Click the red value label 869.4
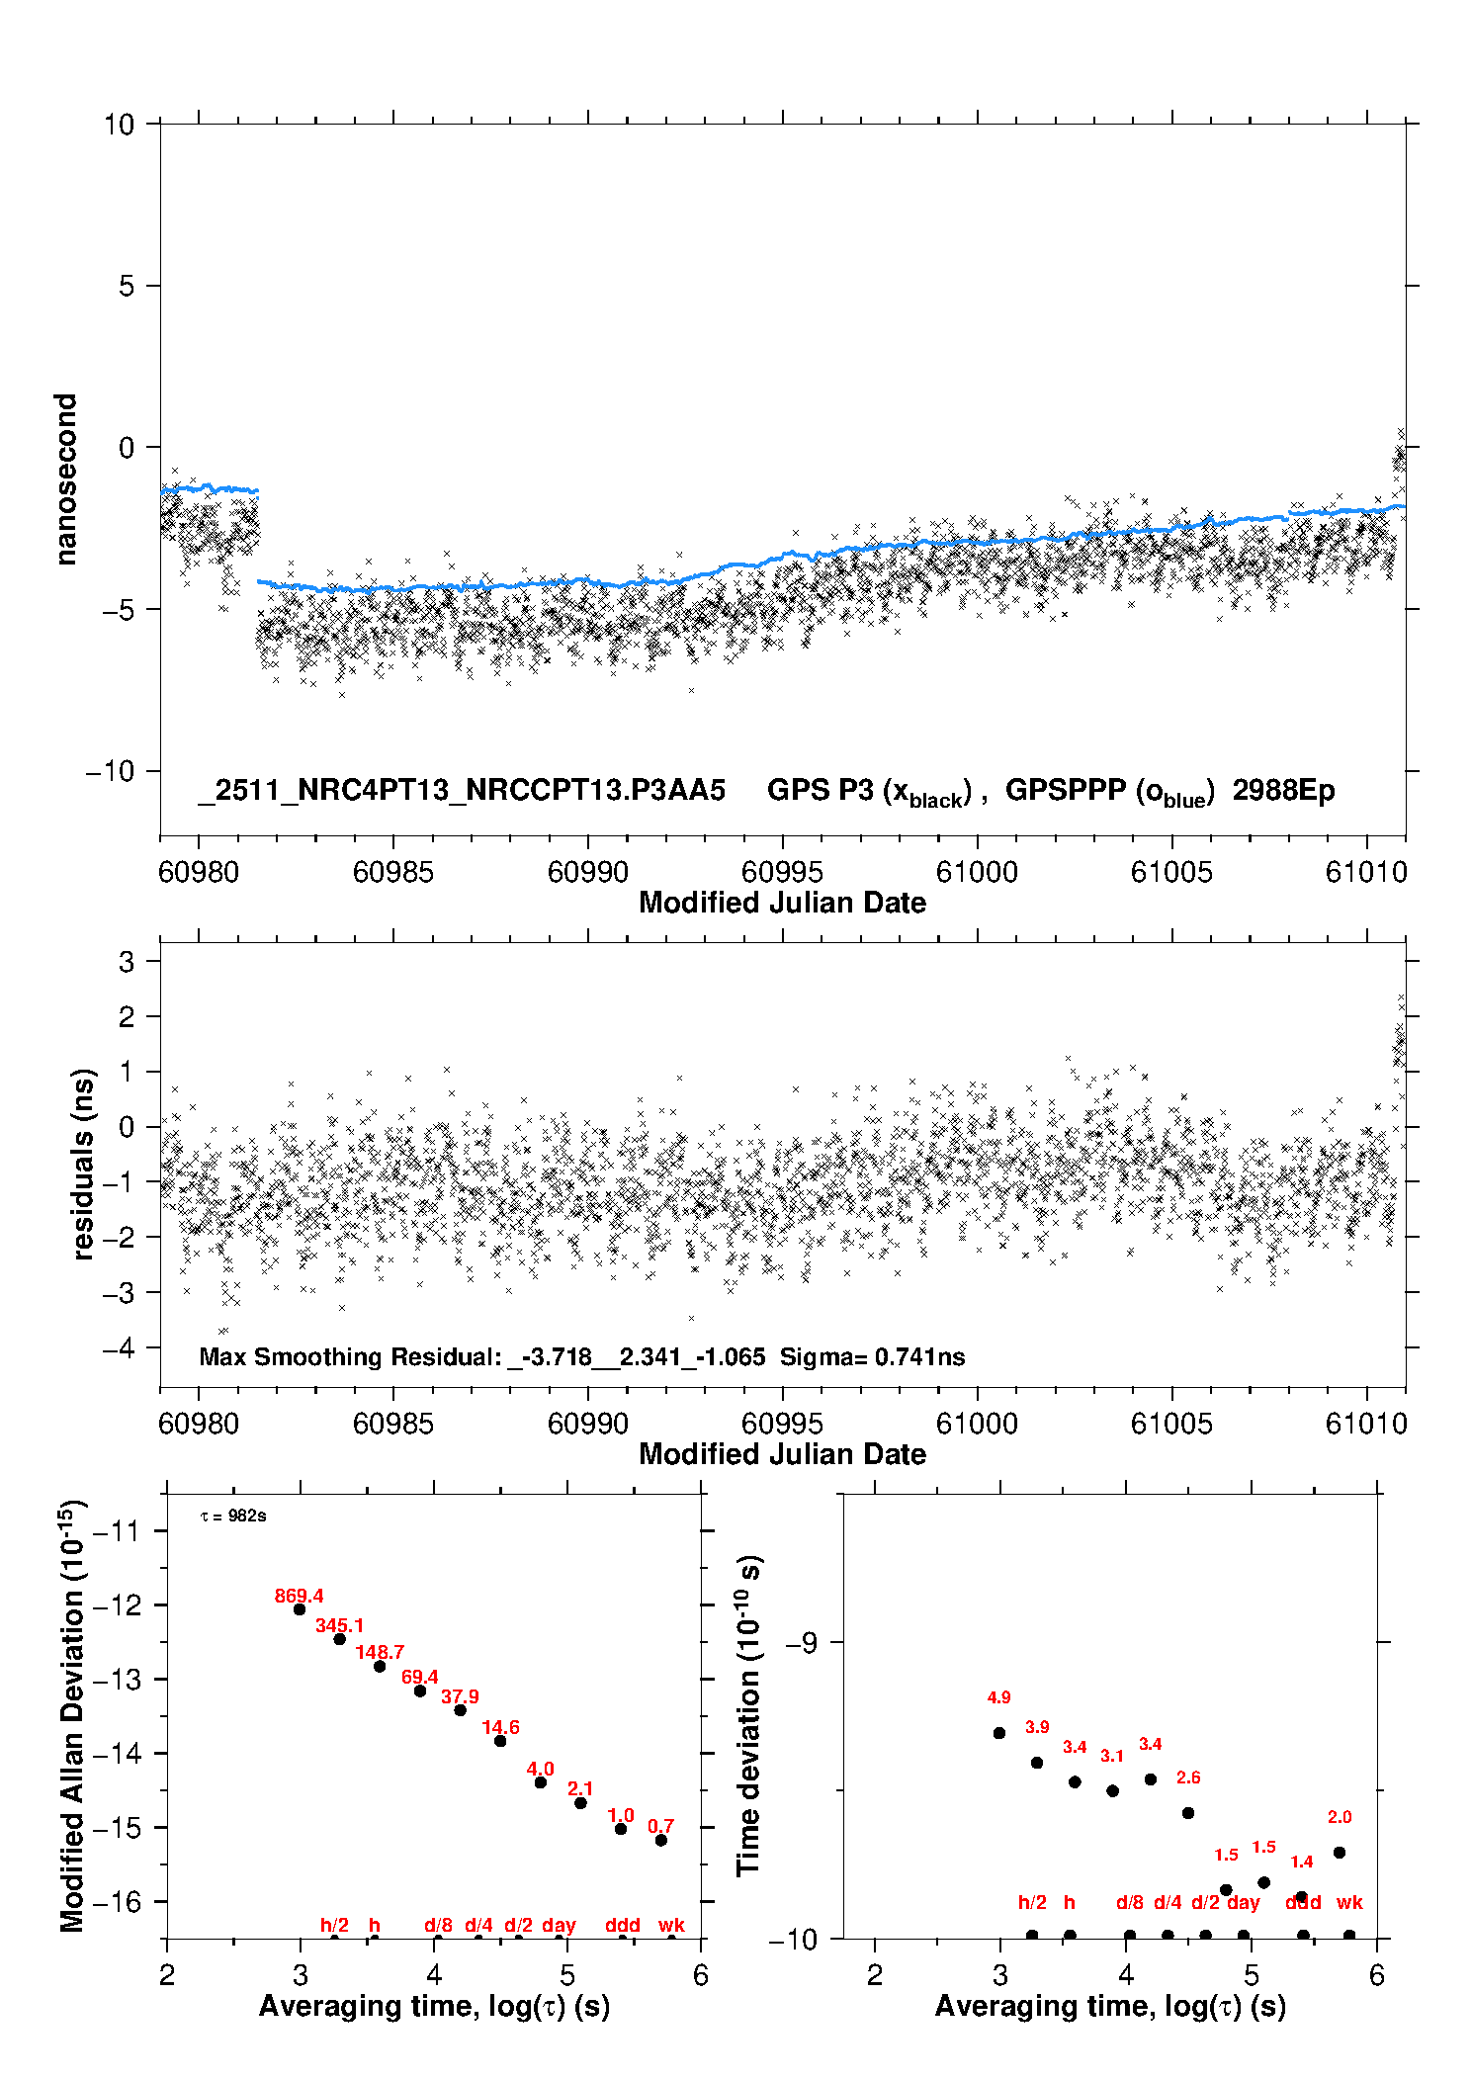tap(299, 1596)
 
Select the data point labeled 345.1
tap(339, 1639)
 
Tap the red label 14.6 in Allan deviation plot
tap(500, 1727)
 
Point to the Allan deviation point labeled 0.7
tap(661, 1840)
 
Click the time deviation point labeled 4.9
tap(999, 1733)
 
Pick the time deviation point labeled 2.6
tap(1188, 1813)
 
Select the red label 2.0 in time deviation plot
tap(1340, 1817)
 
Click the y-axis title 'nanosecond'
tap(65, 479)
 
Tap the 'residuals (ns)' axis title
tap(83, 1164)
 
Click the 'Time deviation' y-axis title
tap(749, 1715)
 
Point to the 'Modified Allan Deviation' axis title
tap(72, 1715)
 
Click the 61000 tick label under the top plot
tap(977, 872)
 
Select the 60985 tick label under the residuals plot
tap(392, 1424)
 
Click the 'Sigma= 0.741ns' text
tap(872, 1356)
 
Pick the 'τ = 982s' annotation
tap(233, 1517)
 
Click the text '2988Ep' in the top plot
tap(1283, 791)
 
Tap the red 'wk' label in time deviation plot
tap(1349, 1902)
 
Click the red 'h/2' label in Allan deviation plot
tap(334, 1925)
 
